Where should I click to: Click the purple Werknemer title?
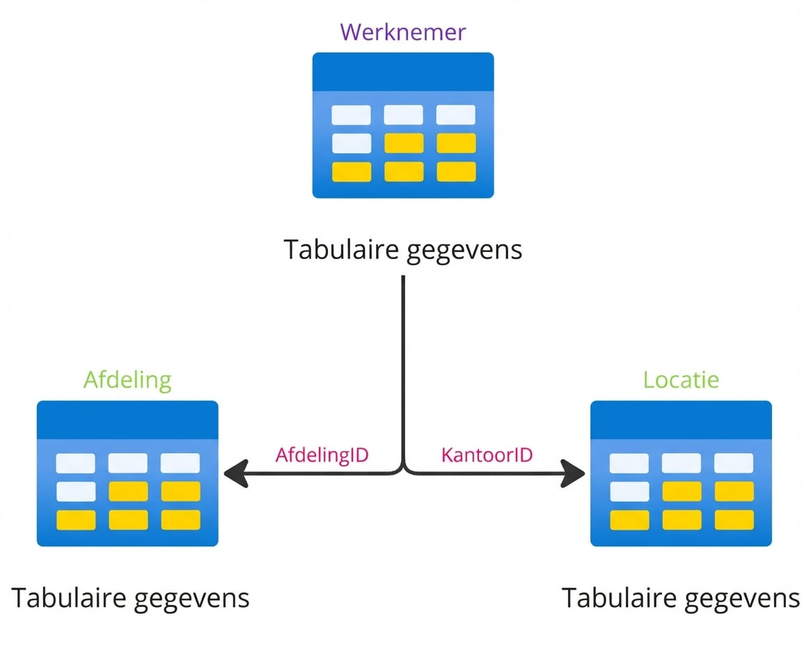point(402,32)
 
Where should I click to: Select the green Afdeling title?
point(127,380)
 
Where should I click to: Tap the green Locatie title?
point(681,380)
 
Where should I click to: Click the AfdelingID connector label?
point(322,455)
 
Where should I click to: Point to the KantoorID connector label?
point(487,455)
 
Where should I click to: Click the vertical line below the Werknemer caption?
point(403,362)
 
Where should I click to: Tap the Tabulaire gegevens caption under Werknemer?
point(403,249)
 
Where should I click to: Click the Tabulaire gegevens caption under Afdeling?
point(130,598)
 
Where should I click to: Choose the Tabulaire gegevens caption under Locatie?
point(681,598)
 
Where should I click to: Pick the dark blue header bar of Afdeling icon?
point(127,420)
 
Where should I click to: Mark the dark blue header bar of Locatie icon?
point(681,420)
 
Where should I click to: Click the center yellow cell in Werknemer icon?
point(404,143)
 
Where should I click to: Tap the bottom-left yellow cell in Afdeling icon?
point(76,519)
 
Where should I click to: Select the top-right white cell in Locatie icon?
point(734,463)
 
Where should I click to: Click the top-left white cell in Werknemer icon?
point(351,115)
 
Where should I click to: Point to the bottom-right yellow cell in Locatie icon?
point(734,519)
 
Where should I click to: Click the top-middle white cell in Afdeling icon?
point(128,463)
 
